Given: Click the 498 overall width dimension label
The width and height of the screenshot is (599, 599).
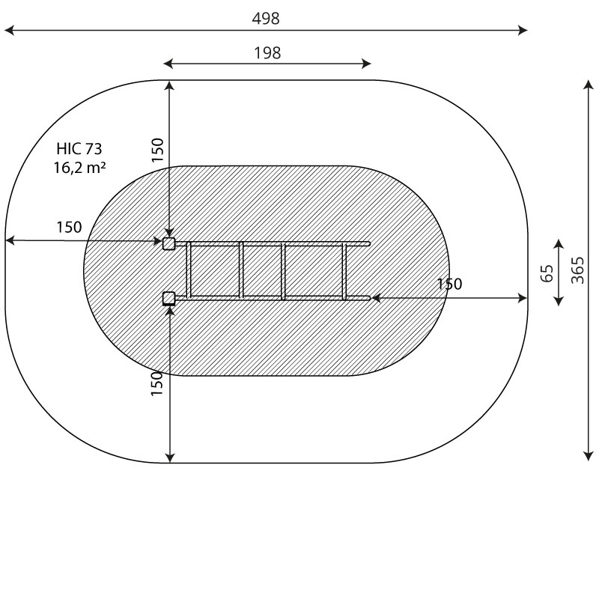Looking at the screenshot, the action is (x=266, y=18).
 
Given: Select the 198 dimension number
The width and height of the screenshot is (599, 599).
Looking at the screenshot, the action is (x=267, y=52).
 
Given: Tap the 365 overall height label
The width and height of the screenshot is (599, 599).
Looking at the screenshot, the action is (x=577, y=270).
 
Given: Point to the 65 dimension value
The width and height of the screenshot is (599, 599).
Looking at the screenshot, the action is (x=547, y=273).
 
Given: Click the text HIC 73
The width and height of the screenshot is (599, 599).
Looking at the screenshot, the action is (x=79, y=148).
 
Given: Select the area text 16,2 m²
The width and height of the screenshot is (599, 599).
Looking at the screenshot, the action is (x=79, y=167).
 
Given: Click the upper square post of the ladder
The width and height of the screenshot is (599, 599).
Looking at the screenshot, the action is (x=169, y=243).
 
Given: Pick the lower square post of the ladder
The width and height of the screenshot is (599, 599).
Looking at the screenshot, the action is (x=169, y=298).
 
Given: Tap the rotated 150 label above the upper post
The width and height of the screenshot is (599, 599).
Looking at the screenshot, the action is (x=157, y=150).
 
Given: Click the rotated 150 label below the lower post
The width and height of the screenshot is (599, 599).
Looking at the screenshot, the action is (x=157, y=383).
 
